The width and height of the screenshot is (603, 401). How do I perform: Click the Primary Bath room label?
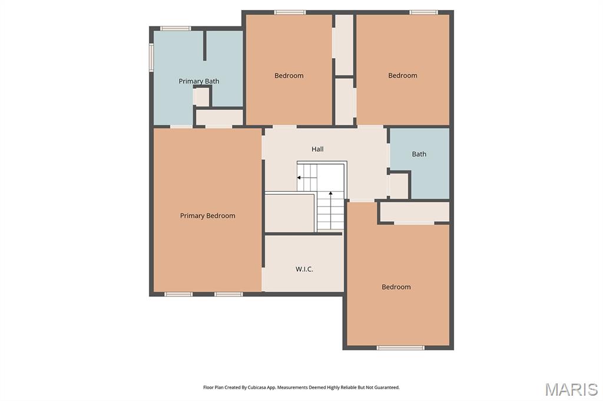click(199, 81)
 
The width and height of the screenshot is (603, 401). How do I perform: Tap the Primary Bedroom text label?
click(208, 216)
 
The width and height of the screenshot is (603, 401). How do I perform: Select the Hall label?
click(317, 149)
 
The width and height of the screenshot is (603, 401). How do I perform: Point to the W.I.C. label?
click(304, 269)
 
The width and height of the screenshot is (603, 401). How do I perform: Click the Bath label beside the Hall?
click(419, 154)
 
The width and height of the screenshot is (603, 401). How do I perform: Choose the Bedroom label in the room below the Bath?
click(396, 287)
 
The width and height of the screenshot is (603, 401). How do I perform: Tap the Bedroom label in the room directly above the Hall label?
click(289, 76)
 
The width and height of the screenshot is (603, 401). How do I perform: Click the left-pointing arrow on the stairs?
click(306, 178)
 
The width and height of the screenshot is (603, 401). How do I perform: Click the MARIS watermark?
click(571, 389)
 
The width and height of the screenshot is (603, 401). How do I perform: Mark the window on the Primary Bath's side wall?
click(151, 57)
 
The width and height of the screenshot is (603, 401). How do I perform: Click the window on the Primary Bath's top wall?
click(175, 28)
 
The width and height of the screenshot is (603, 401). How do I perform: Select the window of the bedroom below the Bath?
click(400, 348)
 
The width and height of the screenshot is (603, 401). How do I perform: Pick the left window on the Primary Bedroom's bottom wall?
click(178, 295)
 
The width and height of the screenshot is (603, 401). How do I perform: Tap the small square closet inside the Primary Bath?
click(201, 97)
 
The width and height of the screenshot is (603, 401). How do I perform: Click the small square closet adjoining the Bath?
click(399, 186)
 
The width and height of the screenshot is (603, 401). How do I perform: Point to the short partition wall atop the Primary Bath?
click(204, 45)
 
